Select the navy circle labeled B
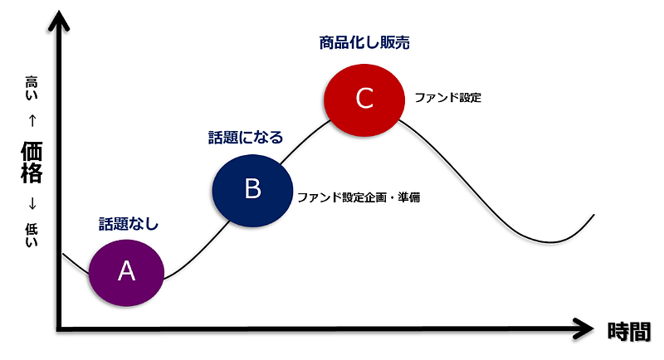coord(253,189)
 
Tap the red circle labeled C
coord(364,98)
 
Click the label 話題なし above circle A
coord(128,223)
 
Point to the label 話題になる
coord(245,138)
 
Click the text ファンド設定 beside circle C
coord(448,97)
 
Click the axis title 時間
coord(628,331)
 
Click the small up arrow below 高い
coord(32,119)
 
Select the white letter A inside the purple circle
coord(126,270)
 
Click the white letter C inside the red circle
coord(364,98)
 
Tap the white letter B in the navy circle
coord(253,189)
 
